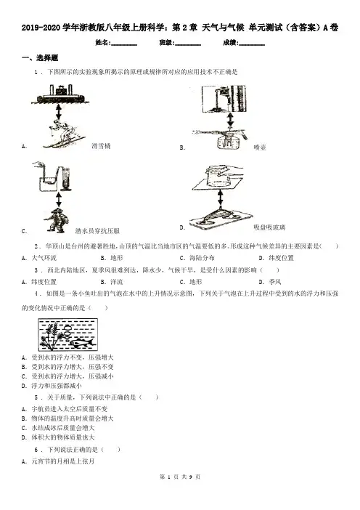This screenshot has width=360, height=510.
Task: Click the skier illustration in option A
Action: pyautogui.click(x=63, y=134)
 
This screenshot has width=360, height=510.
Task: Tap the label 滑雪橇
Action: pyautogui.click(x=101, y=146)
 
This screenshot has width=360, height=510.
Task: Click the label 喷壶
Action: pyautogui.click(x=260, y=147)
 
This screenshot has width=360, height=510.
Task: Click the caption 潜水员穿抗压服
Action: pyautogui.click(x=97, y=231)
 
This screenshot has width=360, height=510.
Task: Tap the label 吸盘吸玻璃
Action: pyautogui.click(x=269, y=227)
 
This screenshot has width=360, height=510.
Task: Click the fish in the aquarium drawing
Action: pyautogui.click(x=82, y=342)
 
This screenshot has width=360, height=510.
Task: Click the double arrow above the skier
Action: pyautogui.click(x=59, y=111)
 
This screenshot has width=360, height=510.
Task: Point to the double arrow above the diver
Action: pyautogui.click(x=59, y=199)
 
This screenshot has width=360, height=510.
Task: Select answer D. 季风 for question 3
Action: pyautogui.click(x=270, y=282)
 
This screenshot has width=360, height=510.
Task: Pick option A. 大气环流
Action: pyautogui.click(x=39, y=258)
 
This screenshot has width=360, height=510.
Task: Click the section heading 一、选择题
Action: pyautogui.click(x=40, y=58)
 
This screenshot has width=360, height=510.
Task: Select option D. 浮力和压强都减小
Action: pyautogui.click(x=52, y=386)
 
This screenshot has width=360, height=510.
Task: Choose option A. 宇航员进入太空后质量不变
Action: pyautogui.click(x=65, y=409)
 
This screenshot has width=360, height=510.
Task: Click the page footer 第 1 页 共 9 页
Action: pyautogui.click(x=180, y=477)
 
